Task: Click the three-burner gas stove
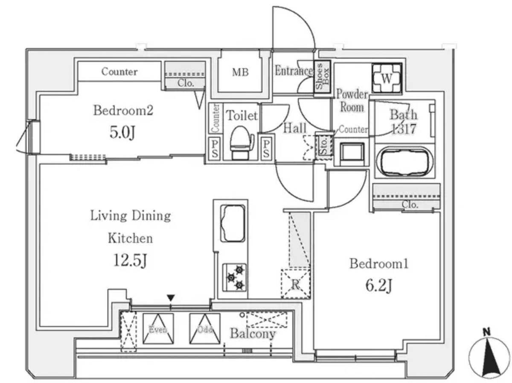[234, 277]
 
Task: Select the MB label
[240, 72]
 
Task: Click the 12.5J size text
[130, 260]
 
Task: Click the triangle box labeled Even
[158, 329]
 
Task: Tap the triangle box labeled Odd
[205, 329]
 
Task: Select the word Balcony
[253, 333]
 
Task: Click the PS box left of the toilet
[214, 148]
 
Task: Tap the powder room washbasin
[352, 153]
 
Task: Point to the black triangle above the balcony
[171, 298]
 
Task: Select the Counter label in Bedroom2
[119, 72]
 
